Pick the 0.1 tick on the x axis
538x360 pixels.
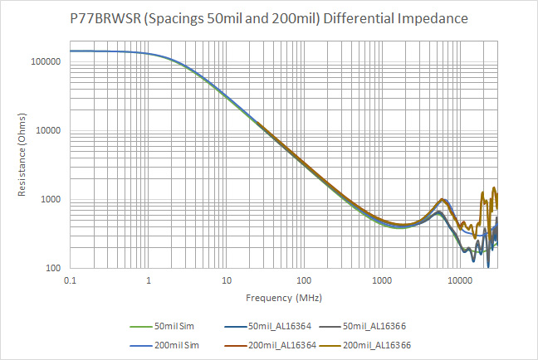[x=71, y=281]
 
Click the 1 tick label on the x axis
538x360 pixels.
[x=149, y=281]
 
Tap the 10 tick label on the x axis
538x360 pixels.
[x=226, y=281]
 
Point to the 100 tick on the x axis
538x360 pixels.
[x=304, y=281]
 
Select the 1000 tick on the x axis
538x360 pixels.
[x=381, y=281]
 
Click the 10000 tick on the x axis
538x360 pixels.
[x=459, y=281]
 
